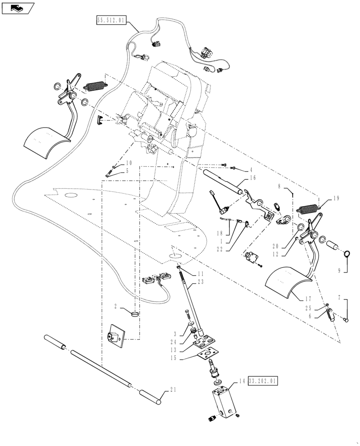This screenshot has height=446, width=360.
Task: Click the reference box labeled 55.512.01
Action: tap(111, 20)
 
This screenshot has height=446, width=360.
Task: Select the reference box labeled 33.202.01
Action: tap(263, 381)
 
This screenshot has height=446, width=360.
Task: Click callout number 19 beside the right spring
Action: tap(335, 198)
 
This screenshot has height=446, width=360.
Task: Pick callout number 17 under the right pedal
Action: tap(308, 298)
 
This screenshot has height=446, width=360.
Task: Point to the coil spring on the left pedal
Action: tap(95, 85)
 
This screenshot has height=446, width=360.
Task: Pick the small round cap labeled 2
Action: tap(135, 315)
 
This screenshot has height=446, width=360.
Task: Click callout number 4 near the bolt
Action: tap(250, 170)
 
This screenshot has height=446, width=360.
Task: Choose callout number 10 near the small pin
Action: tap(129, 163)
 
